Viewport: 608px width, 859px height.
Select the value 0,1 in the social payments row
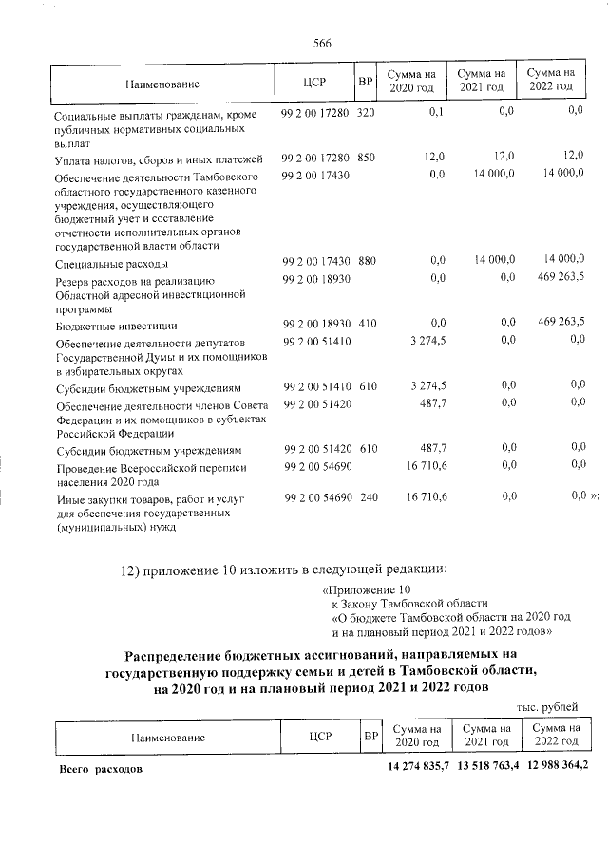click(437, 112)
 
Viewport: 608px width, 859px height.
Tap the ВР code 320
click(367, 114)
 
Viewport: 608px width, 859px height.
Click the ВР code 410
click(367, 324)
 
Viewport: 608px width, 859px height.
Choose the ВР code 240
click(367, 496)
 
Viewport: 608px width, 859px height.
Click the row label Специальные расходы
click(112, 263)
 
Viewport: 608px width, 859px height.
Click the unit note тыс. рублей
click(547, 707)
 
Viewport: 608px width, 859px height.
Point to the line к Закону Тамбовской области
click(409, 603)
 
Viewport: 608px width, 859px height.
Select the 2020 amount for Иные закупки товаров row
click(427, 496)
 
